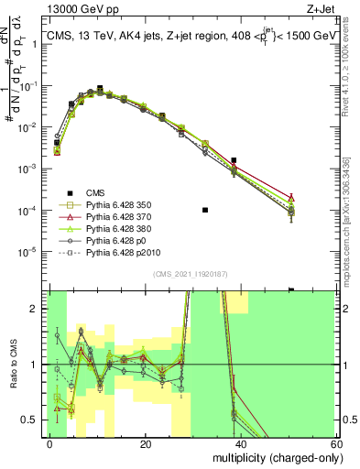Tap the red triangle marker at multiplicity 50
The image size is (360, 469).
pos(291,198)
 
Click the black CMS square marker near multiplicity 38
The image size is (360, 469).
pos(235,160)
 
